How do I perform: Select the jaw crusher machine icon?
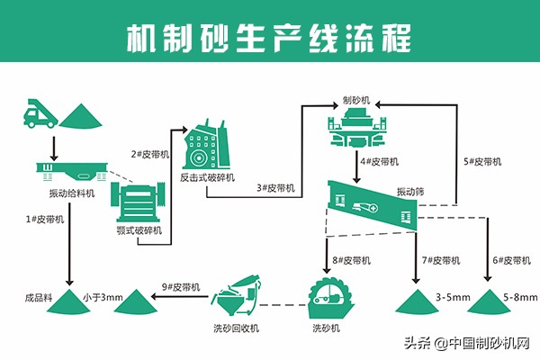pos(140,202)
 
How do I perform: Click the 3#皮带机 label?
pos(276,188)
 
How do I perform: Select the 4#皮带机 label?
pos(379,162)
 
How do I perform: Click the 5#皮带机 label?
pos(481,162)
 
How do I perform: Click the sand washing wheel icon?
pos(328,297)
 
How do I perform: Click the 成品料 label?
pos(38,296)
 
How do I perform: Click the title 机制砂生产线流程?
pos(269,37)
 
